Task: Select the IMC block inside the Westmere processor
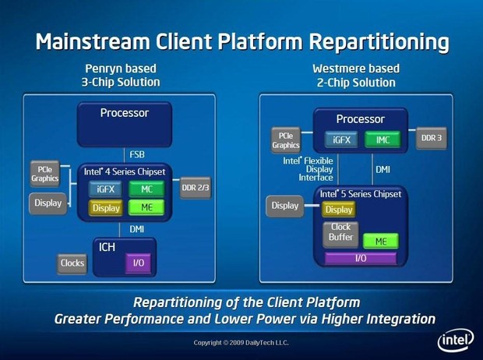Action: [x=382, y=139]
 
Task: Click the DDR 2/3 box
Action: [x=194, y=188]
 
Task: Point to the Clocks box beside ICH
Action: [x=72, y=263]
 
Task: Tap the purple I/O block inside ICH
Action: [x=139, y=263]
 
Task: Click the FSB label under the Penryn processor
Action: [x=136, y=154]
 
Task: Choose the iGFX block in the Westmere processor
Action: [x=340, y=139]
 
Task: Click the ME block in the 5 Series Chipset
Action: [x=381, y=241]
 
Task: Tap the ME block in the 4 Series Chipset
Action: [x=146, y=207]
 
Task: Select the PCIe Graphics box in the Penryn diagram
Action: [x=44, y=172]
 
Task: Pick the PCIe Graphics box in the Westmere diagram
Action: [x=286, y=139]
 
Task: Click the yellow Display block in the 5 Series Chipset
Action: [x=339, y=209]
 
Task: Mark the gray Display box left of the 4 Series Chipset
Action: [x=46, y=204]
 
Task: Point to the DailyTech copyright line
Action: [x=241, y=343]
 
